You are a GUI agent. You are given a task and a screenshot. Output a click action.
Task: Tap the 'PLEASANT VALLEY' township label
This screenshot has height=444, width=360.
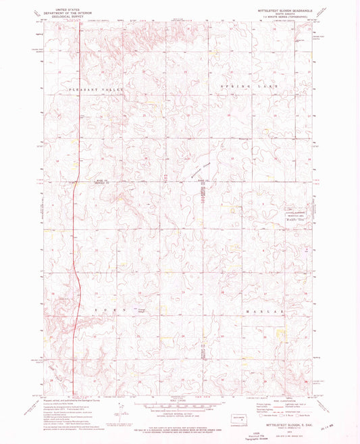[92, 89]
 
